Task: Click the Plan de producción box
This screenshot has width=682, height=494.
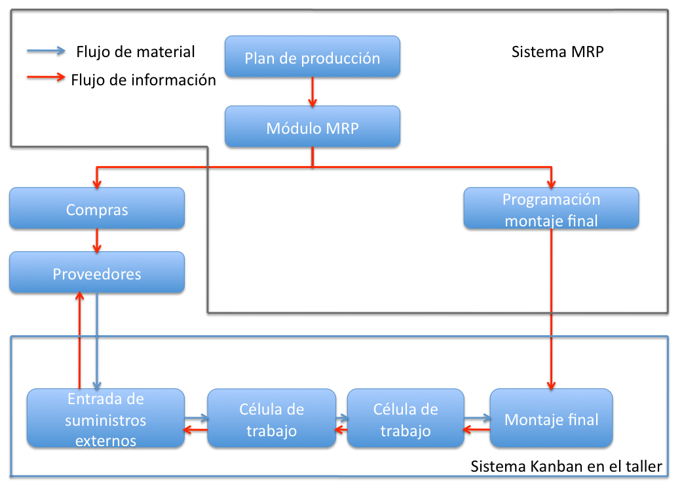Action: click(x=312, y=57)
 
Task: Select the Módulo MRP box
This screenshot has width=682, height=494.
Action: click(x=312, y=127)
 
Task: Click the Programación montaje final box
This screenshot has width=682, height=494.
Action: click(x=551, y=209)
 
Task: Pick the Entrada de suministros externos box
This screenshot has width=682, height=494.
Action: click(x=105, y=419)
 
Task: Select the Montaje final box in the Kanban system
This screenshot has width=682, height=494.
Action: click(x=551, y=419)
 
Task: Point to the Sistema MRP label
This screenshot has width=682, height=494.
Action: click(x=557, y=52)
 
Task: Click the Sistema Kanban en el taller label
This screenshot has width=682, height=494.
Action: click(x=566, y=466)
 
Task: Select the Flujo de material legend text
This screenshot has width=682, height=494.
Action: click(x=135, y=51)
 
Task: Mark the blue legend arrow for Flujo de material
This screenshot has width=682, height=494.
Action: click(x=46, y=51)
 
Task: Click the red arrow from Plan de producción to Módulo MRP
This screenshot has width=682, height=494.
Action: click(x=312, y=91)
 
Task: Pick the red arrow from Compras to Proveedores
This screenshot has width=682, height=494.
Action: click(x=97, y=240)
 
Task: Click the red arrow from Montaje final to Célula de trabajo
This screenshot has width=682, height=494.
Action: click(x=476, y=430)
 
